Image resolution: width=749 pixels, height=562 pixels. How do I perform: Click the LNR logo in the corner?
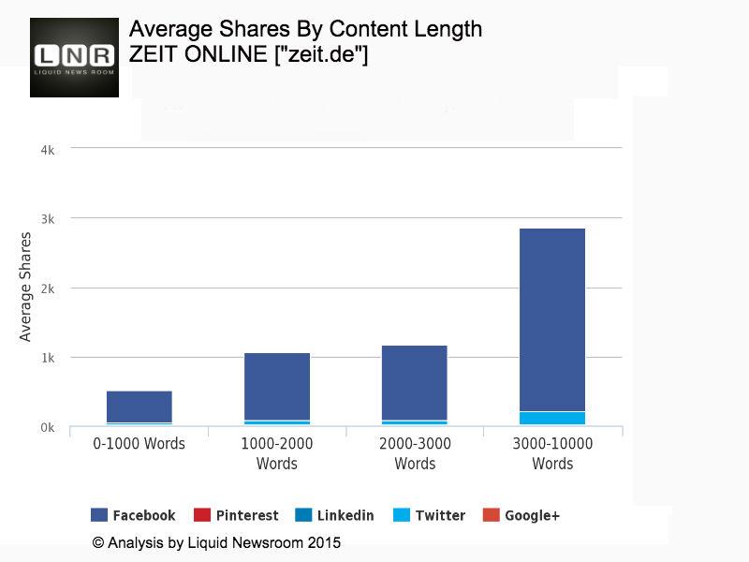tap(74, 57)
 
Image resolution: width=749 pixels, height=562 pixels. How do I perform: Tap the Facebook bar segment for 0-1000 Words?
tap(139, 407)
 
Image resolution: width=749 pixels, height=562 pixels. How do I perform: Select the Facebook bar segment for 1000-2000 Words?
tap(276, 386)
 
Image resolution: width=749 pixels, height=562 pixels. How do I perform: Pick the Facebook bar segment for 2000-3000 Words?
tap(414, 382)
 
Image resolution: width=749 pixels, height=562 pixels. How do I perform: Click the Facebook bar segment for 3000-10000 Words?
tap(552, 318)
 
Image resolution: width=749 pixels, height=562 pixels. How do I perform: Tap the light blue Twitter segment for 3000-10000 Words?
tap(552, 418)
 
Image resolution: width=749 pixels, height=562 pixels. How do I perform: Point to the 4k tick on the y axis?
tap(46, 150)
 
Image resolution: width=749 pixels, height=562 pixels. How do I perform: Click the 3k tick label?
tap(46, 219)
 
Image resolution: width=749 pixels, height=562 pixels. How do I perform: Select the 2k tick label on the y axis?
tap(46, 288)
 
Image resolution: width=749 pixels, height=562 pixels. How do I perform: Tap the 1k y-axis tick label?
tap(46, 358)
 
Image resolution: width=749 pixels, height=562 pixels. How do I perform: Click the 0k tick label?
tap(46, 428)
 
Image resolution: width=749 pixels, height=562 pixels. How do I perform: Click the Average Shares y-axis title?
tap(26, 287)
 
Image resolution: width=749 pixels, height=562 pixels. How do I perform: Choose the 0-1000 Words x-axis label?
tap(139, 443)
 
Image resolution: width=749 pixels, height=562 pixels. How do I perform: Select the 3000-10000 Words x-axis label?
tap(552, 453)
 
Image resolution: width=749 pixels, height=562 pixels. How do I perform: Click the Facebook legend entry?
tap(133, 515)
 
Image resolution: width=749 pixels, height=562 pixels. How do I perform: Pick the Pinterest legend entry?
tap(236, 515)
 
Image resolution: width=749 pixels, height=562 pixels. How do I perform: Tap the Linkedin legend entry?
tap(334, 515)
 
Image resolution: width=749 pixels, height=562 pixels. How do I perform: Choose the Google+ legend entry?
tap(521, 515)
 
